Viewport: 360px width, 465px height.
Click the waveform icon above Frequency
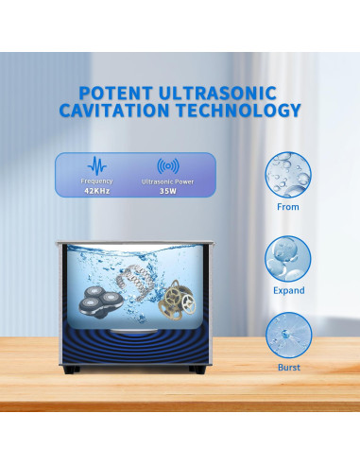[96, 163]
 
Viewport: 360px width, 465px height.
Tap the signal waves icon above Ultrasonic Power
[168, 164]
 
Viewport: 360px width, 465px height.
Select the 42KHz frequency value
[96, 190]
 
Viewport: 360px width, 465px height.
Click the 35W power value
[167, 190]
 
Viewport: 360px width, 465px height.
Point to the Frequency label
[96, 180]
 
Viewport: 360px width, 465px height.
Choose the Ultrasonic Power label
[167, 180]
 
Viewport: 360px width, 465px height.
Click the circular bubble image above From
[289, 174]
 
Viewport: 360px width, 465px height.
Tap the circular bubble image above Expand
[289, 253]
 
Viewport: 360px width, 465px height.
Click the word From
[289, 207]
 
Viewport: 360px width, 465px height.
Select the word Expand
[289, 286]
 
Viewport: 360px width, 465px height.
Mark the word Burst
[289, 367]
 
